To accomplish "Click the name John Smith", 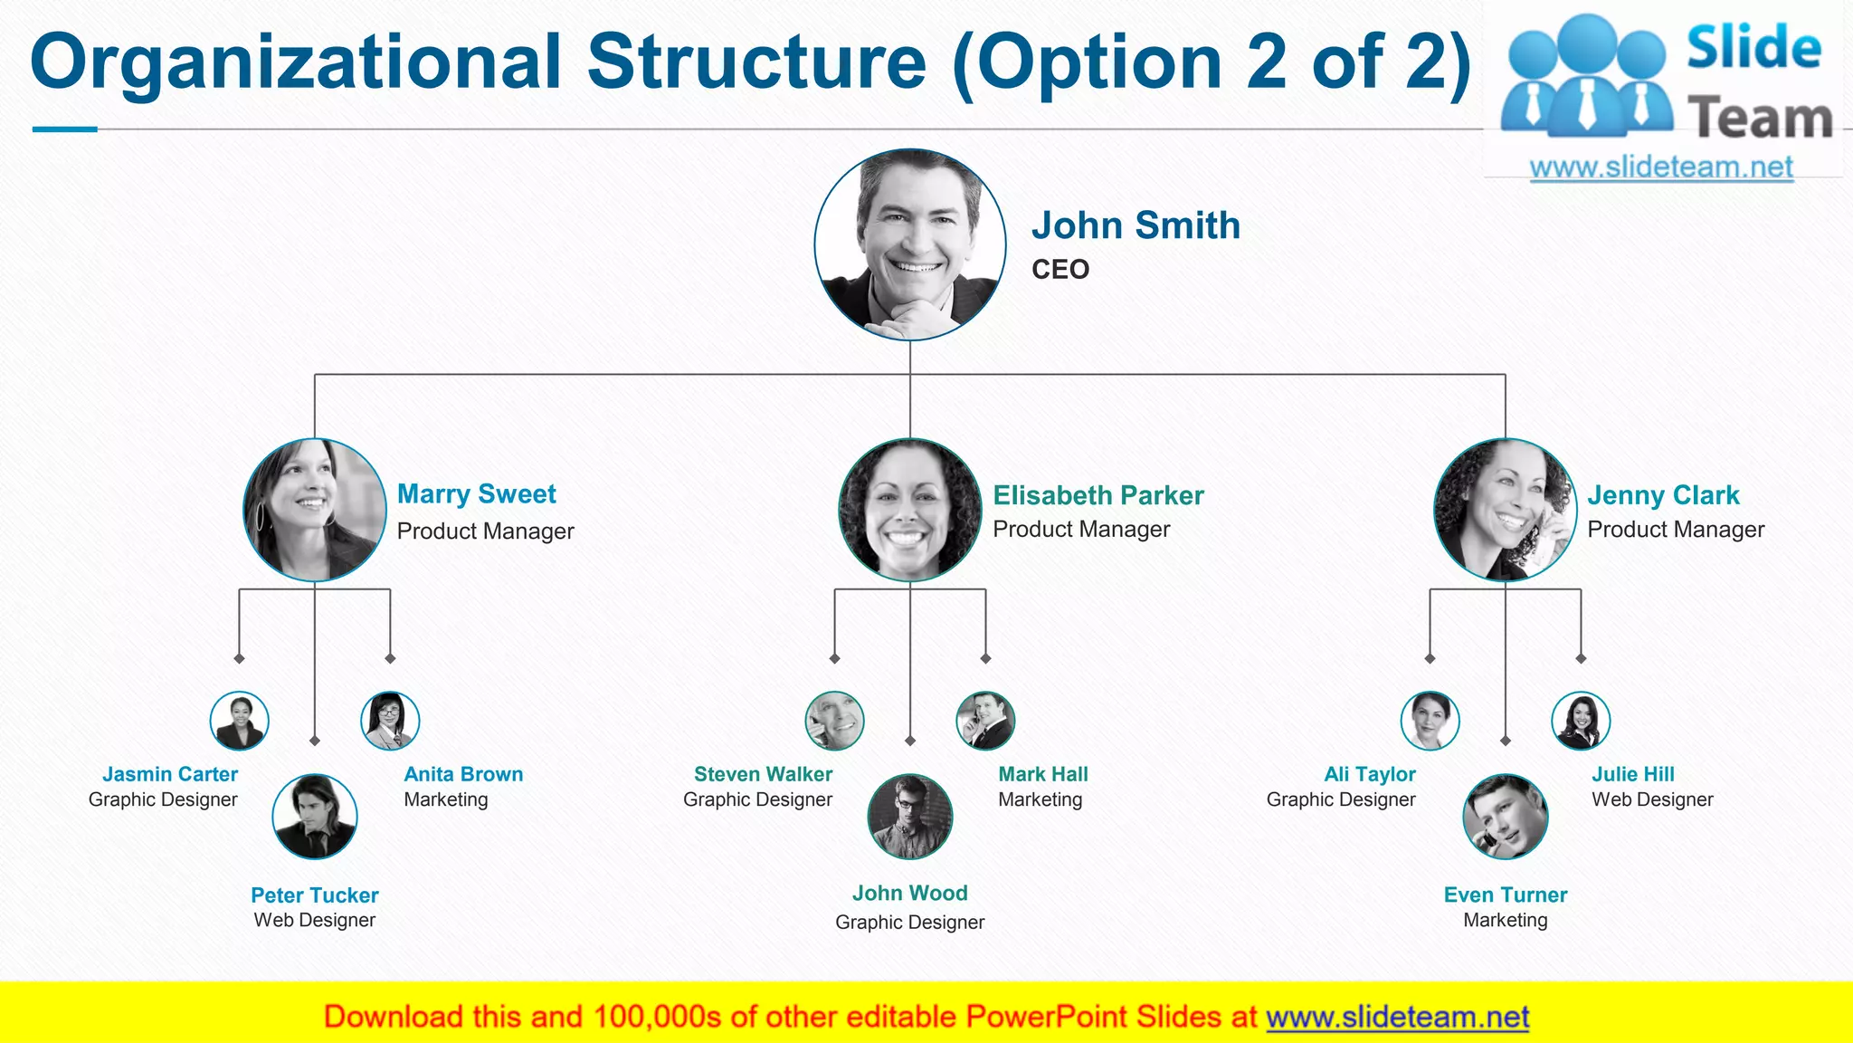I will (x=1136, y=225).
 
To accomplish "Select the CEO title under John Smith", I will (x=1060, y=270).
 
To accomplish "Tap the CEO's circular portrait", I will (x=910, y=244).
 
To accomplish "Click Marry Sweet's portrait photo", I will (x=315, y=510).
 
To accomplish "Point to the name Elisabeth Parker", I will (x=1098, y=495).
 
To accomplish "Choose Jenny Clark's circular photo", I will (x=1506, y=510).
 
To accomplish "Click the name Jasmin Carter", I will (x=170, y=774).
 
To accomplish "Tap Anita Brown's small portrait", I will (x=390, y=721).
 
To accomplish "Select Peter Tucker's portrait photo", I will (x=315, y=817).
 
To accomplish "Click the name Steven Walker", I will (x=763, y=774).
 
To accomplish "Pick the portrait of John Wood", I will (x=910, y=817).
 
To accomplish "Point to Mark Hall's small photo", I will (x=985, y=721).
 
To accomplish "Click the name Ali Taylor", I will (x=1370, y=774).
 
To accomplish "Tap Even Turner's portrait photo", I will (x=1506, y=817).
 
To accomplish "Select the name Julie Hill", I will (x=1633, y=774).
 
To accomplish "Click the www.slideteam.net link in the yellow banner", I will (x=1398, y=1018).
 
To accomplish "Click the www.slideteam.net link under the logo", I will (x=1661, y=167).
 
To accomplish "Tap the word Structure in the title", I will (x=756, y=62).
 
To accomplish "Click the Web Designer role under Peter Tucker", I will (x=315, y=920).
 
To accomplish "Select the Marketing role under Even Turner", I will (x=1506, y=920).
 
